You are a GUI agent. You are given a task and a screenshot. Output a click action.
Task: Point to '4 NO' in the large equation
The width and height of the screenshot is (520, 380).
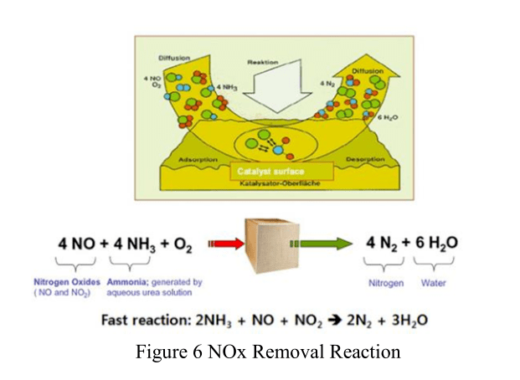[74, 244]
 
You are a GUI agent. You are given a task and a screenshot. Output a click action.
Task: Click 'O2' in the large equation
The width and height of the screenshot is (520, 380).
[181, 245]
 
